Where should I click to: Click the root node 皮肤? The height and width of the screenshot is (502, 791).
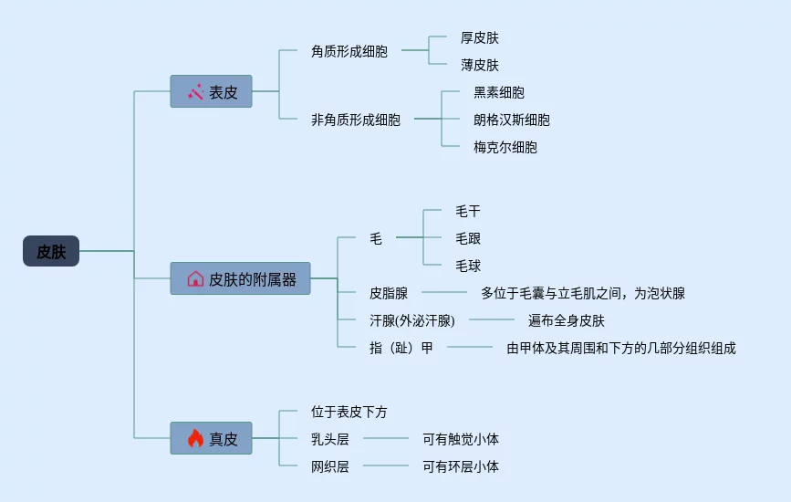coord(51,251)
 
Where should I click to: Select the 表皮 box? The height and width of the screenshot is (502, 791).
coord(211,91)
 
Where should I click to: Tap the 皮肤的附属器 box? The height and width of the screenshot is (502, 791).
coord(240,278)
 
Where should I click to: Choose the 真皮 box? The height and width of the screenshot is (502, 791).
coord(211,438)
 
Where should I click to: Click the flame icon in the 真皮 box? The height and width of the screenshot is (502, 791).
coord(194,438)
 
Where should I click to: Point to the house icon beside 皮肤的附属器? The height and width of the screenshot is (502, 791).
coord(194,278)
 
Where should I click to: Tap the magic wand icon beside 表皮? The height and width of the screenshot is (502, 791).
coord(195,91)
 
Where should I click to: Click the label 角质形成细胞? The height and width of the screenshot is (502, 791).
coord(349,51)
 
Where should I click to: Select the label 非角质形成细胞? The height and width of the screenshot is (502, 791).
coord(355,120)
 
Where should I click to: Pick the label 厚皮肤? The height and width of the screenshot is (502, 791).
coord(479,37)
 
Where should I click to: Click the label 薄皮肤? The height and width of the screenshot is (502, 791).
coord(479,65)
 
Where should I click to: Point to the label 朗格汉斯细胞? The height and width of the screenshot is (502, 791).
coord(511,120)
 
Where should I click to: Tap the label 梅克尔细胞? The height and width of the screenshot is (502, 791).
coord(505,147)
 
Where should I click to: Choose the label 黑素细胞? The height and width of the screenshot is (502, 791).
coord(498,92)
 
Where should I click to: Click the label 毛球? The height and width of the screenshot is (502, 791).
coord(467,266)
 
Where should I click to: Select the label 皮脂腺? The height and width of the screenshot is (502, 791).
coord(388,293)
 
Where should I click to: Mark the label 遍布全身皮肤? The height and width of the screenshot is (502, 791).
coord(566,320)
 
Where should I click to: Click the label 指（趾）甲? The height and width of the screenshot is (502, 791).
coord(401,348)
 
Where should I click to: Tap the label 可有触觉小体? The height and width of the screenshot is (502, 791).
coord(460,439)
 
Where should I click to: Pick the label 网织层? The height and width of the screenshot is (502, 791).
coord(329,466)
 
